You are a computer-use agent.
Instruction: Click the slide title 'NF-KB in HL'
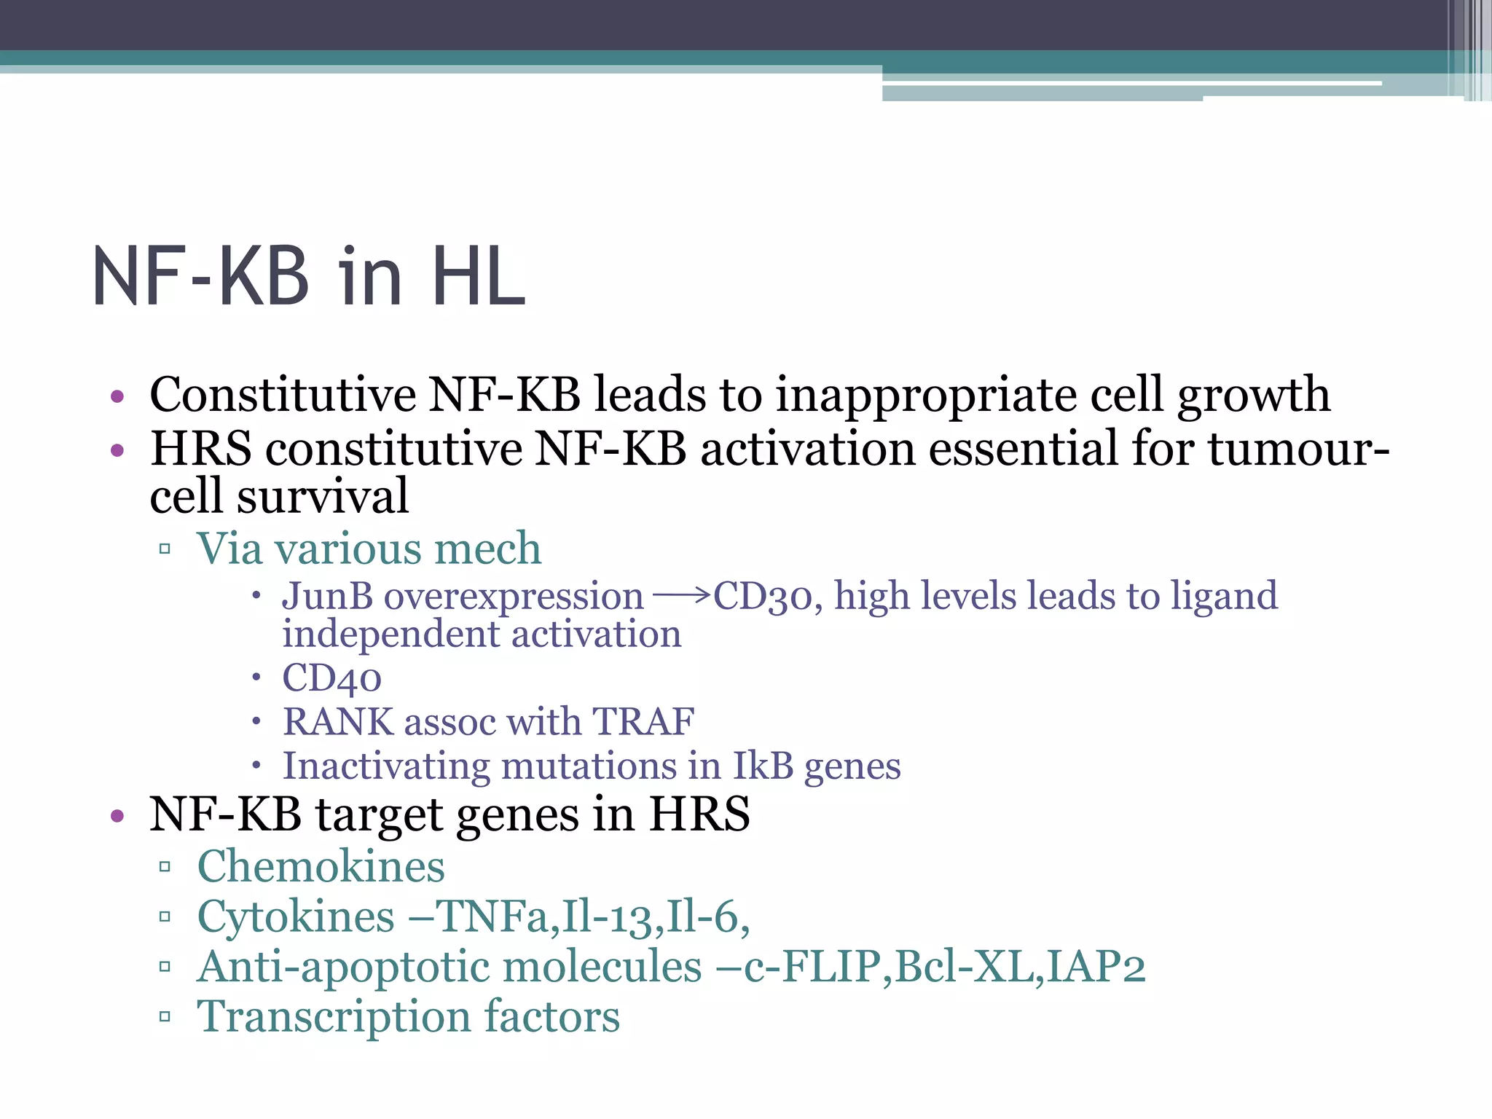309,277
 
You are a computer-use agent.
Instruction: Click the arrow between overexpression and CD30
680,596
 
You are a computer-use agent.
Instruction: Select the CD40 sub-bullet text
331,678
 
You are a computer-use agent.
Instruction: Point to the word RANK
338,722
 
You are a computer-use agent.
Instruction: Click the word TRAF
643,722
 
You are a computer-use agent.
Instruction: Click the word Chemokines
321,866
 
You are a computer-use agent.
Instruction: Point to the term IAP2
1096,967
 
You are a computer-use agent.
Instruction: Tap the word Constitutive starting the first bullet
283,395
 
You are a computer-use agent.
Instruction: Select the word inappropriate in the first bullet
925,395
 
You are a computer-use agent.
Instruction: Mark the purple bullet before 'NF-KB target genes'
117,815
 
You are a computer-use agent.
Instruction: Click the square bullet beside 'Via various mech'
165,549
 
